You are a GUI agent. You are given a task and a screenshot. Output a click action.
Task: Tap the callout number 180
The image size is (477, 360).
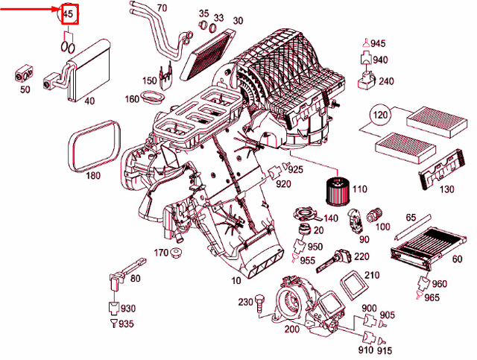92,176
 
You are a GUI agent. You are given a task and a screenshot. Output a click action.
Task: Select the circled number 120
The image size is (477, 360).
381,116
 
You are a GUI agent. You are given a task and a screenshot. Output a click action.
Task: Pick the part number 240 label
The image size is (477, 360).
386,81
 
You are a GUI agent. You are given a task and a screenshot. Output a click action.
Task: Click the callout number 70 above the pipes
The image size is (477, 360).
162,10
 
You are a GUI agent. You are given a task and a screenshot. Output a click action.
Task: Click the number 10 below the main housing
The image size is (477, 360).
236,280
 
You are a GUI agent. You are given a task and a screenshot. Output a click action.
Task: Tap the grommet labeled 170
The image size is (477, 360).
177,256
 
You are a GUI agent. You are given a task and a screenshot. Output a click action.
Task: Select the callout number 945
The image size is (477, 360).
379,45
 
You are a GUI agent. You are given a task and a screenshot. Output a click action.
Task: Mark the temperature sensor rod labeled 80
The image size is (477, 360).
124,272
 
